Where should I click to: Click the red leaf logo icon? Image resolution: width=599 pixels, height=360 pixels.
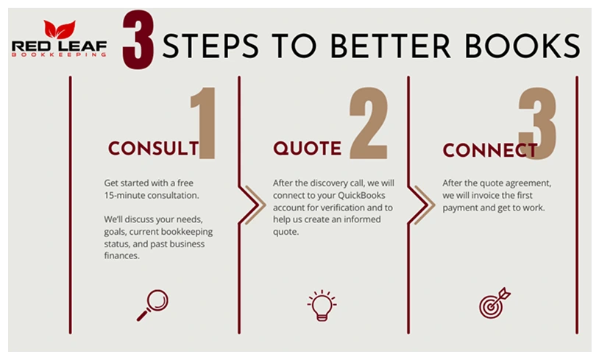pos(60,29)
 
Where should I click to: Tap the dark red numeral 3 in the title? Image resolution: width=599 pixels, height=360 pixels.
pos(138,40)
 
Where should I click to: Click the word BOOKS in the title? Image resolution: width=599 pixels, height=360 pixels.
pos(522,46)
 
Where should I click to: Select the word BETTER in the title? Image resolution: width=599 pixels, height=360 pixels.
pos(390,46)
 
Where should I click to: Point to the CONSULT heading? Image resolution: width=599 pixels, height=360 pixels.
pos(154,148)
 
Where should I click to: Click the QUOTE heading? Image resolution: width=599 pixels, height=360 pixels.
pos(307,148)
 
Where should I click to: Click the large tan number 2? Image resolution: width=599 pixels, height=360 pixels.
pos(369,123)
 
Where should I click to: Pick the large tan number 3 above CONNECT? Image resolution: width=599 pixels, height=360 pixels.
pos(537,124)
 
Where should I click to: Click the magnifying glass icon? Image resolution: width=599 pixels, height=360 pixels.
pos(153,305)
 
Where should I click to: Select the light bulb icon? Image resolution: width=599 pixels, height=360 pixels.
pos(322,306)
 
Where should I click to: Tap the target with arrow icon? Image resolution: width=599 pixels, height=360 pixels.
pos(495,303)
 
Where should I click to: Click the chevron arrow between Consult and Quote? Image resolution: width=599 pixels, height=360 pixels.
pos(255,205)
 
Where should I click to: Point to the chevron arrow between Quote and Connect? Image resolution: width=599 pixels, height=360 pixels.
pos(425,205)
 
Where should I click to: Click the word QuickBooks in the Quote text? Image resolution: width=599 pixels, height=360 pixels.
pos(361,195)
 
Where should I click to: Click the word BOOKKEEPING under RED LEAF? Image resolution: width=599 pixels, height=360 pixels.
pos(59,54)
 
